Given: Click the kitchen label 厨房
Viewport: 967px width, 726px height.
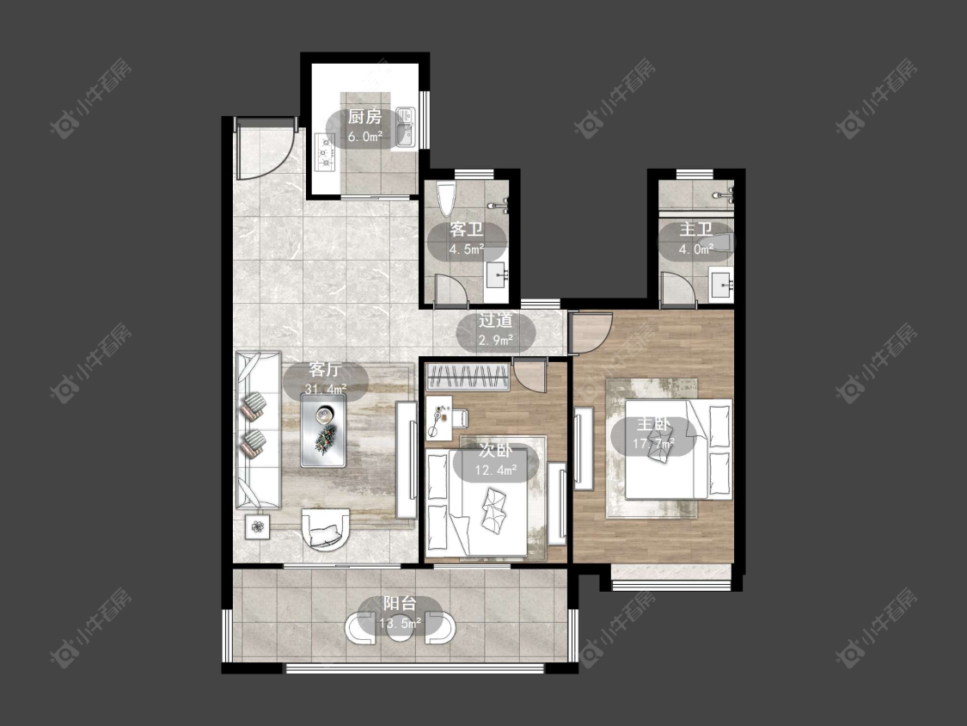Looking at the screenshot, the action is click(x=364, y=117).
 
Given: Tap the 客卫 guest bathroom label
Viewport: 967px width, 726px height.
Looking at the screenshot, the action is click(x=466, y=230).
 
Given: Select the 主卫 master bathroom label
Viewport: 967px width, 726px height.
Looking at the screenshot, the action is click(x=695, y=230).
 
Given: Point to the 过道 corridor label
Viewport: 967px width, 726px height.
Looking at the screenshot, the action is click(x=496, y=320).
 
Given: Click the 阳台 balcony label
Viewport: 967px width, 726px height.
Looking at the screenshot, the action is click(x=400, y=604).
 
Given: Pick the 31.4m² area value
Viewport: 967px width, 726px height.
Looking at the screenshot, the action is click(x=326, y=389).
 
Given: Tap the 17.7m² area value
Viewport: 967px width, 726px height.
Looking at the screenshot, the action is click(x=654, y=443).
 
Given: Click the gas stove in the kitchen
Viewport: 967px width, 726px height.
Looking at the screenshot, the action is click(x=324, y=152).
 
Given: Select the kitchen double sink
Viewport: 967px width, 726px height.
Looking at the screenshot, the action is click(x=405, y=127).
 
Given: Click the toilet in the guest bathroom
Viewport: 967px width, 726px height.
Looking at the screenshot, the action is click(x=445, y=198).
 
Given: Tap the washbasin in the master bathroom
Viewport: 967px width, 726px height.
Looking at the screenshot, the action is click(x=720, y=285).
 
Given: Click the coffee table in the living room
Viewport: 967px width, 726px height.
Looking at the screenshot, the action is click(x=323, y=430).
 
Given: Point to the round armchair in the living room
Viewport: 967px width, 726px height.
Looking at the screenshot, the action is click(x=326, y=529).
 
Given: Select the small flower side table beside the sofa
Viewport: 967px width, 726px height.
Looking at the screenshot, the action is click(x=257, y=526).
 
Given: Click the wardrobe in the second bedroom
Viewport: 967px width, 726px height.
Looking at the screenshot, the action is click(x=468, y=378).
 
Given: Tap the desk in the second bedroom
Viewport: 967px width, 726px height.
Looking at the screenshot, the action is click(x=438, y=419).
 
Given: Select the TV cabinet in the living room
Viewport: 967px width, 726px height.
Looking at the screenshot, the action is click(x=406, y=459).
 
